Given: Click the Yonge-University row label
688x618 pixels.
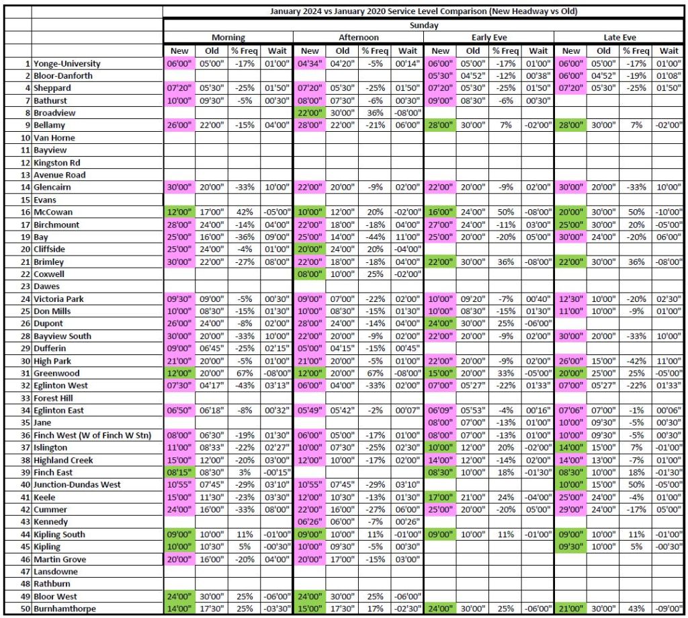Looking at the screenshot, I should [x=67, y=63].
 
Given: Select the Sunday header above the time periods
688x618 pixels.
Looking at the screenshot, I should [x=424, y=26].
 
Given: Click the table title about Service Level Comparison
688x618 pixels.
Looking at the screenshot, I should [x=424, y=11].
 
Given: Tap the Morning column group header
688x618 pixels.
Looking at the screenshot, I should [x=228, y=38].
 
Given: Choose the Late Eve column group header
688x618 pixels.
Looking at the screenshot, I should [x=619, y=38].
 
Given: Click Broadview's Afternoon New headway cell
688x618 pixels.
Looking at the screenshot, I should [x=310, y=113].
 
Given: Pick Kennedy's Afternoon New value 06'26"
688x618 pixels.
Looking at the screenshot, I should [x=310, y=522].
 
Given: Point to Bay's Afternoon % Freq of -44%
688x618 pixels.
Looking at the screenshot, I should [x=375, y=237].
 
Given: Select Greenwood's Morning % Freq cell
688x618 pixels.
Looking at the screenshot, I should [x=245, y=373].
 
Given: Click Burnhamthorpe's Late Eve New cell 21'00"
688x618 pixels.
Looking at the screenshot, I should [x=571, y=609].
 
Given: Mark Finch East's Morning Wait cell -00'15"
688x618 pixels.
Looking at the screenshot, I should [x=277, y=472].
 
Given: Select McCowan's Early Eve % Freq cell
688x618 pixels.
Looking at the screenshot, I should [x=505, y=212].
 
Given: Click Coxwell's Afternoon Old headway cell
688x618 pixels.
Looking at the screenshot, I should [x=343, y=274].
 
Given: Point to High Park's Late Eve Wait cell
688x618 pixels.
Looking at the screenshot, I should [x=669, y=361].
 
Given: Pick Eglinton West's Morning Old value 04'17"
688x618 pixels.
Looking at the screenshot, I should [x=212, y=385].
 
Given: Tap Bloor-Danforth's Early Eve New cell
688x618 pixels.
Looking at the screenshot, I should [x=440, y=76].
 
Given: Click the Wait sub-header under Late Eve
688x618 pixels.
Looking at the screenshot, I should [x=669, y=50].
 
